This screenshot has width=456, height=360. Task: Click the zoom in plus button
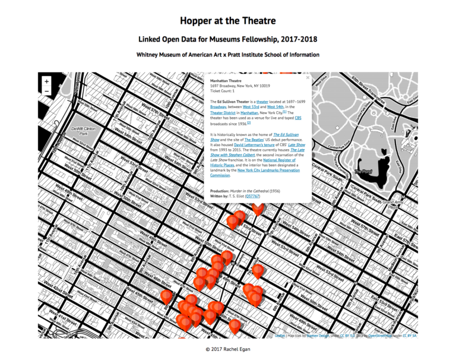pos(47,81)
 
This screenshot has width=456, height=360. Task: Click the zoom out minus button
pos(47,91)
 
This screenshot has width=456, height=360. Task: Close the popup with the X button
pos(308,77)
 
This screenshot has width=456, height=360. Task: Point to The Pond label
pos(363,171)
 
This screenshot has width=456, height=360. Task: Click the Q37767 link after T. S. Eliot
pos(252,195)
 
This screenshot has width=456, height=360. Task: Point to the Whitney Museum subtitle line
pos(227,55)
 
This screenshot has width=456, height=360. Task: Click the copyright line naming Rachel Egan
pos(227,349)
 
